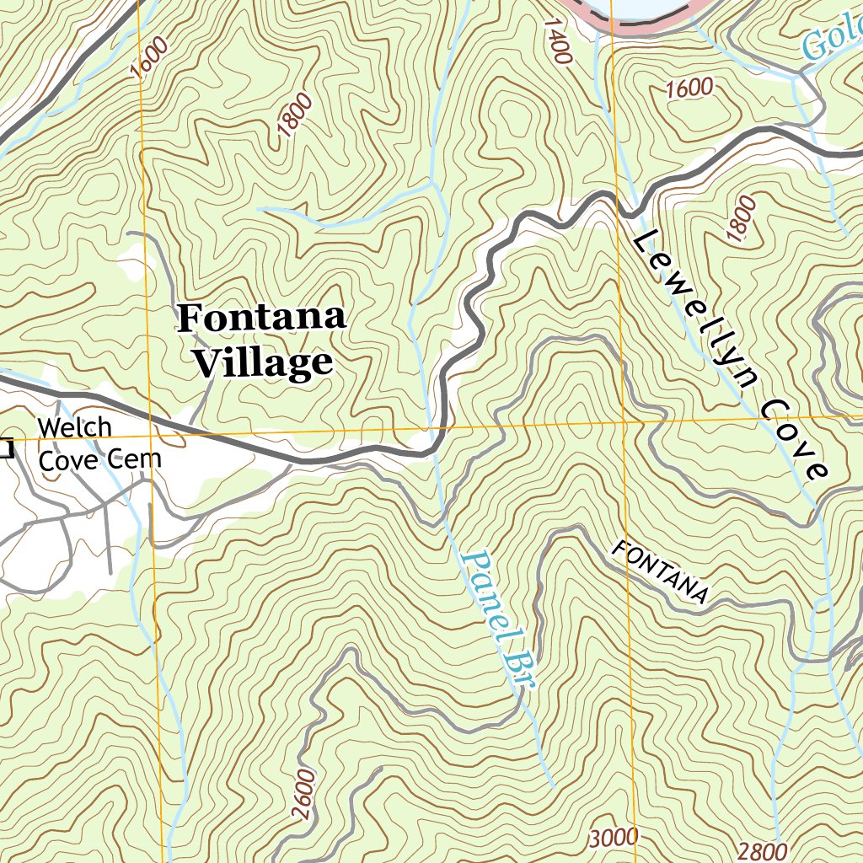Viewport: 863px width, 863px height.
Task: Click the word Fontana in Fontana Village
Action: point(262,319)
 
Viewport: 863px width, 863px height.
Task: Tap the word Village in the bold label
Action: point(262,363)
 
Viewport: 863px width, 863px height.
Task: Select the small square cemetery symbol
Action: point(6,448)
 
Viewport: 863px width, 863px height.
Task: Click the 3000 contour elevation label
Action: point(614,839)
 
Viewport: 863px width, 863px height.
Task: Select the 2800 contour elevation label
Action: point(762,851)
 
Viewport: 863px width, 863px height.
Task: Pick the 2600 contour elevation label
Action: point(304,793)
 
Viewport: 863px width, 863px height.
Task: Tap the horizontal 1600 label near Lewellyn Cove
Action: point(689,88)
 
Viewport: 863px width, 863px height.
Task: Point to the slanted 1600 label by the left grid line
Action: point(149,57)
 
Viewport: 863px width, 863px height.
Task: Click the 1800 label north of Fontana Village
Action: point(294,116)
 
